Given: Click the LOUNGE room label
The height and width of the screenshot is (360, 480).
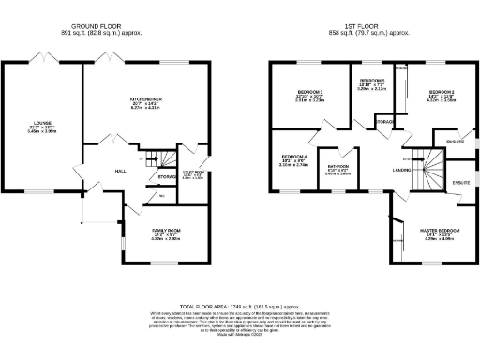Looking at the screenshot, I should coord(42,122).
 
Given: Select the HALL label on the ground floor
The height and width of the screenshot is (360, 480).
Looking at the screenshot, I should coord(121,171).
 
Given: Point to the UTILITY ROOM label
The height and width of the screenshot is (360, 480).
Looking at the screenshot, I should coord(191,172).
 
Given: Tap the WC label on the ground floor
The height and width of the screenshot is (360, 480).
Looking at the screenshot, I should coord(162,195).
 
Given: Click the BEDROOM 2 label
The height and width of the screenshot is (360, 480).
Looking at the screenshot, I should coord(429,91).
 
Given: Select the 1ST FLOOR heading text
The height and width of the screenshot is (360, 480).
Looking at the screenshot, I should coord(364,27).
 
